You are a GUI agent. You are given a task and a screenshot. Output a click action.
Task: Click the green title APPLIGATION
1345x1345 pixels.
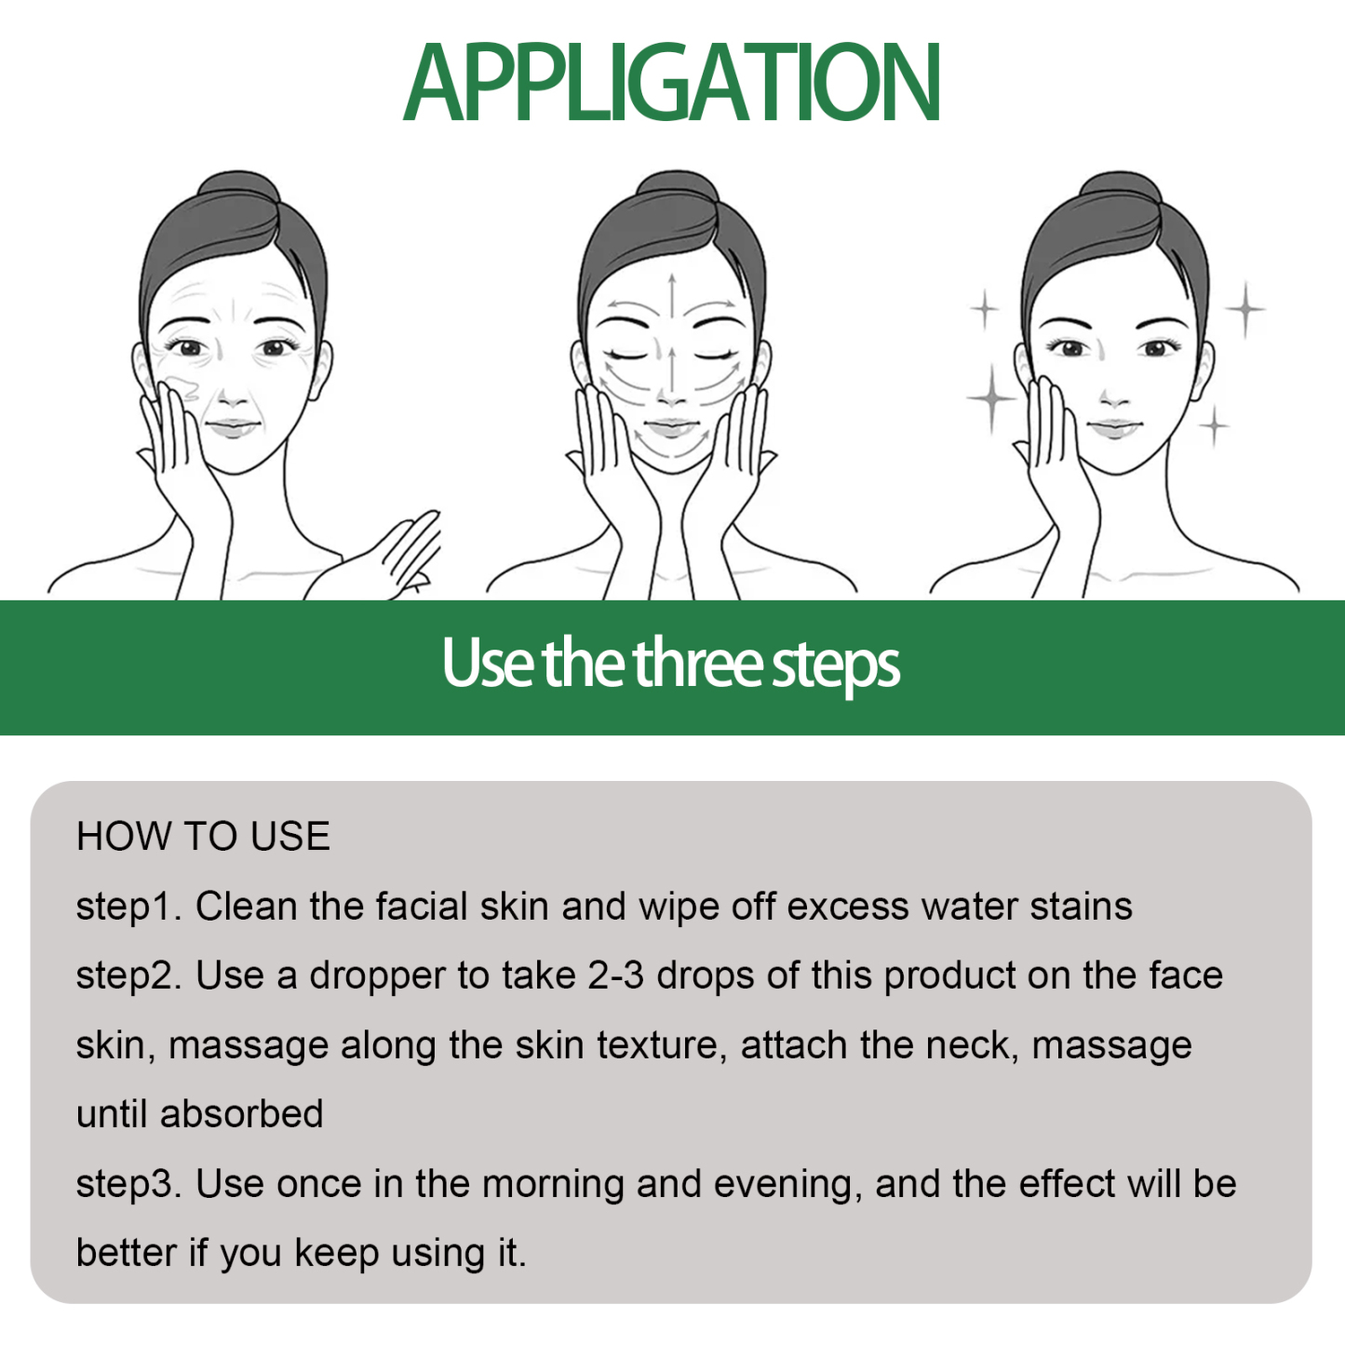[x=671, y=84]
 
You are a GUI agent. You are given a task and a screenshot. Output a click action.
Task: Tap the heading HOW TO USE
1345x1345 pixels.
[x=203, y=836]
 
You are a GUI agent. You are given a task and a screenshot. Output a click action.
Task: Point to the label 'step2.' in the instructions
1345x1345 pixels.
[x=129, y=975]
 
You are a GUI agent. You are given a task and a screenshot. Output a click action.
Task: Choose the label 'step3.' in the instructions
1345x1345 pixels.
[x=129, y=1184]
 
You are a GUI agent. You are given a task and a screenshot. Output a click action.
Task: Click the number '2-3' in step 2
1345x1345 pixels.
[x=615, y=975]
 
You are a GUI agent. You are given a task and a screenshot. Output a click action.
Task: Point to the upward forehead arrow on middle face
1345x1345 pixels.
[x=671, y=293]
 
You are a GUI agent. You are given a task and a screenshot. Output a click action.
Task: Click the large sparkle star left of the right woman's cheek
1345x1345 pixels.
[x=992, y=398]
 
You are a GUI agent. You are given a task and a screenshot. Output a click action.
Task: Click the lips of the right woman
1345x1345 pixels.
[x=1115, y=429]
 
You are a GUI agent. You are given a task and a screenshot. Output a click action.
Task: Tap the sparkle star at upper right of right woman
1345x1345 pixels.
[x=1244, y=308]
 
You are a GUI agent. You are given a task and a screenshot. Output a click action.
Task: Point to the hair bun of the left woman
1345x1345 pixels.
[x=238, y=192]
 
